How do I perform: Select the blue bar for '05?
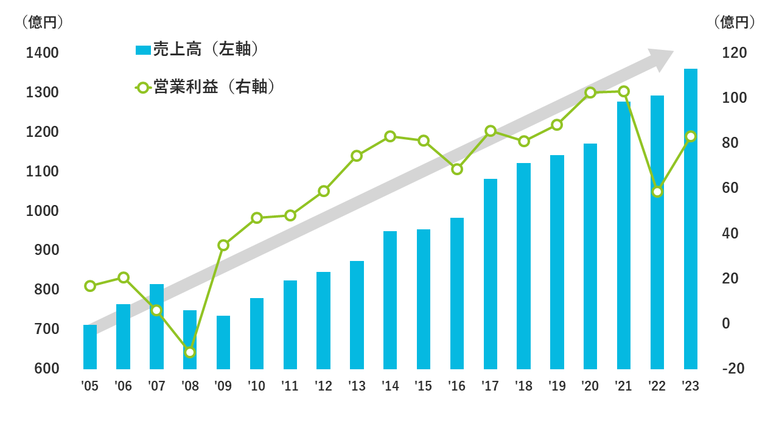90,347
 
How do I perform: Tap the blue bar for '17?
491,274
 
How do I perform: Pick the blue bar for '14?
390,300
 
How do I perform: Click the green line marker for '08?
190,352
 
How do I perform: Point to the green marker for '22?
657,192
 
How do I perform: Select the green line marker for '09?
223,245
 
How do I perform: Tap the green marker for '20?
590,93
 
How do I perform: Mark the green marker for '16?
457,169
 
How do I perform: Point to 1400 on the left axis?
43,53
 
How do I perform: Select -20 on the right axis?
733,369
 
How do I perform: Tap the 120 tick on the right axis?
734,53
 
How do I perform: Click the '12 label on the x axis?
323,386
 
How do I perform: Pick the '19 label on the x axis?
557,386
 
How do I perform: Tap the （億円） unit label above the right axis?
735,23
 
